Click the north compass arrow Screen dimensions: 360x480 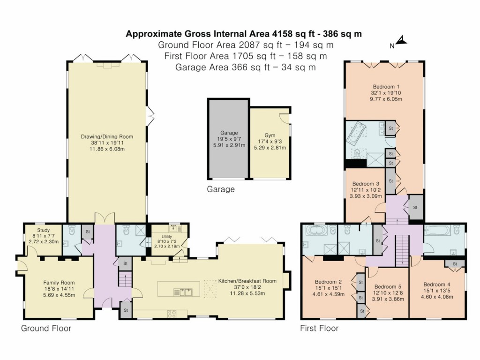pyautogui.click(x=402, y=42)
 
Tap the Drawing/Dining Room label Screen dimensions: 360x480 pyautogui.click(x=107, y=137)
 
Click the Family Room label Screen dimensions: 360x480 pyautogui.click(x=59, y=283)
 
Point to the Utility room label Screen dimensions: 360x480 pyautogui.click(x=167, y=237)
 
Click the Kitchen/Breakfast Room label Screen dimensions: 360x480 pyautogui.click(x=247, y=281)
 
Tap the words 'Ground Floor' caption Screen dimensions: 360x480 pyautogui.click(x=46, y=329)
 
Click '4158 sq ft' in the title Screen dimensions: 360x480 pyautogui.click(x=297, y=34)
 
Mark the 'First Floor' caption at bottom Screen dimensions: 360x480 pyautogui.click(x=319, y=329)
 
